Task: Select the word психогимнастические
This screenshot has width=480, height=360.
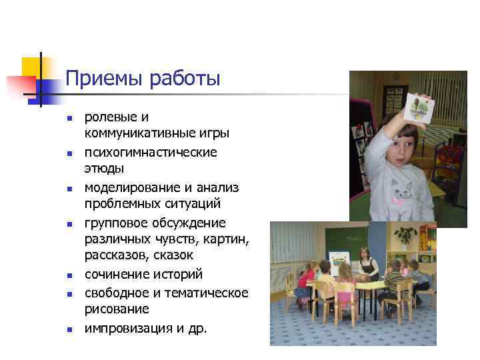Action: [x=150, y=152]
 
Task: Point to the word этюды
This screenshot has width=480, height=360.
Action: [x=104, y=169]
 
